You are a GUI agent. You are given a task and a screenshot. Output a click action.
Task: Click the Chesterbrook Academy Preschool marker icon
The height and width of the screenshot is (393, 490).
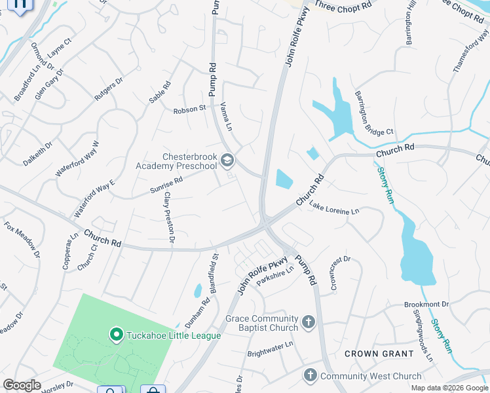(227, 160)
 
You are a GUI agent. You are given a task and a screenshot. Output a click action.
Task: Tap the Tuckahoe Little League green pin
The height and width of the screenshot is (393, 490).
(117, 335)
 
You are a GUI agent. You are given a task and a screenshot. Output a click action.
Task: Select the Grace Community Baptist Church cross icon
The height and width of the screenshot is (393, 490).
(309, 323)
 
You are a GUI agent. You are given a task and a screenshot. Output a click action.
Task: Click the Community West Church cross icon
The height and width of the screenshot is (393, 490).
(310, 375)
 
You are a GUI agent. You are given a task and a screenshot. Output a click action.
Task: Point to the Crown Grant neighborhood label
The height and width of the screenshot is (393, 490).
(379, 354)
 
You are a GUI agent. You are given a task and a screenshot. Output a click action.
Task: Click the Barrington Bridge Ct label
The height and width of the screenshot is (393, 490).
(374, 113)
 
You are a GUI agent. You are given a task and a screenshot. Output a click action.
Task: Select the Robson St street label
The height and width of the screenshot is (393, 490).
(190, 109)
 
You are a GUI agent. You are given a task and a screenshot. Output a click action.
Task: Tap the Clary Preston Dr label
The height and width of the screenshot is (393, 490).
(168, 218)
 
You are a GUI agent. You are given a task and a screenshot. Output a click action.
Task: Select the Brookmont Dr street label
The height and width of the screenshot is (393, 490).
(426, 305)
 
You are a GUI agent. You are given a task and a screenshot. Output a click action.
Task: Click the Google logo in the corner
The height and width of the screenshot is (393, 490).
(22, 385)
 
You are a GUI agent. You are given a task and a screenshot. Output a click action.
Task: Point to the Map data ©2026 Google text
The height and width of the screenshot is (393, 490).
(449, 388)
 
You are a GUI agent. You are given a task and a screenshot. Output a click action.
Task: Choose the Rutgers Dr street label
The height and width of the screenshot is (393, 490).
(109, 88)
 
